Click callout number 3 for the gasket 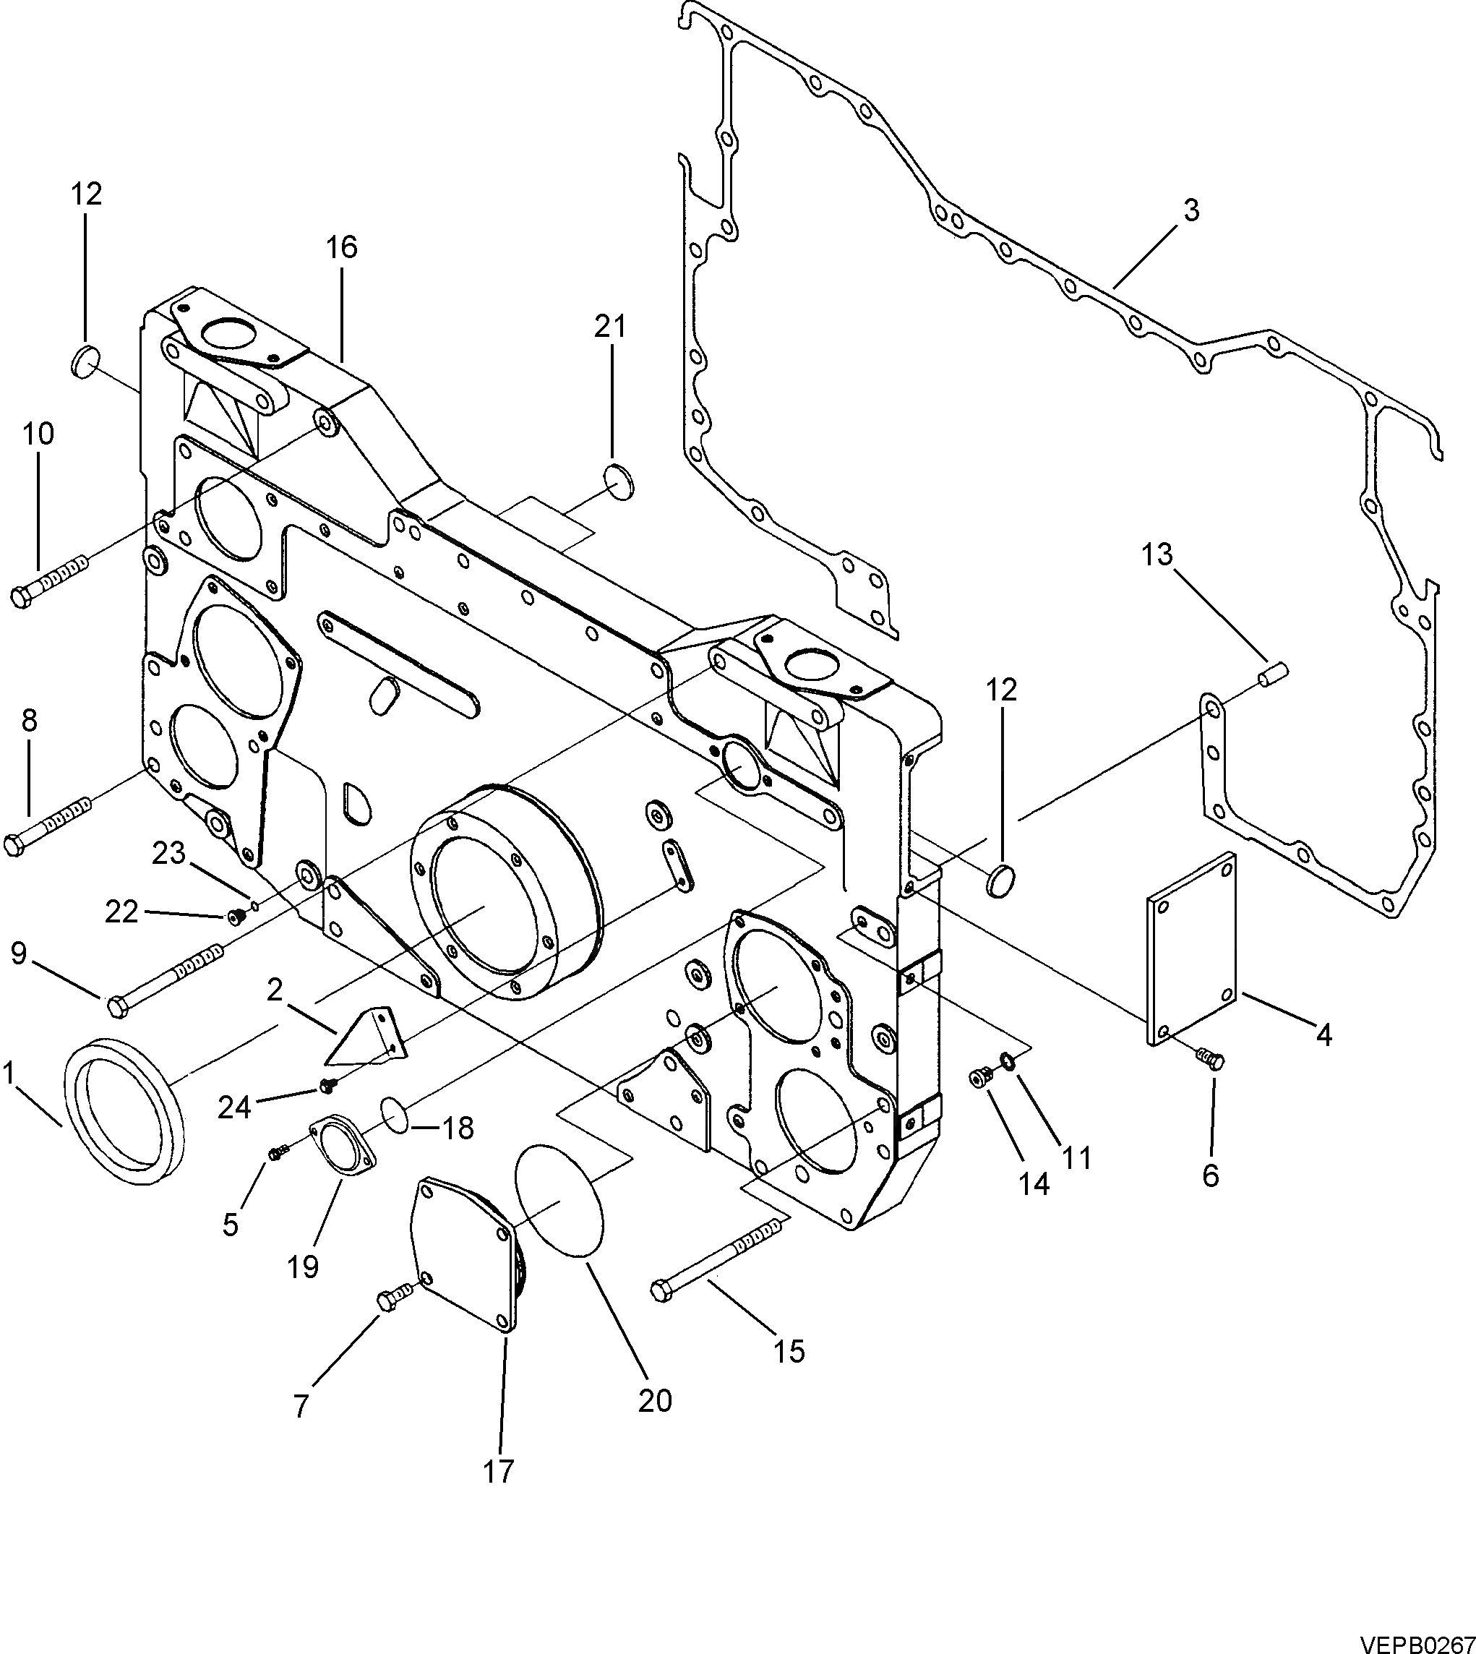(1190, 210)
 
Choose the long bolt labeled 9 (166, 977)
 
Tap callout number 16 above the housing (342, 247)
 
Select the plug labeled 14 (980, 1078)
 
